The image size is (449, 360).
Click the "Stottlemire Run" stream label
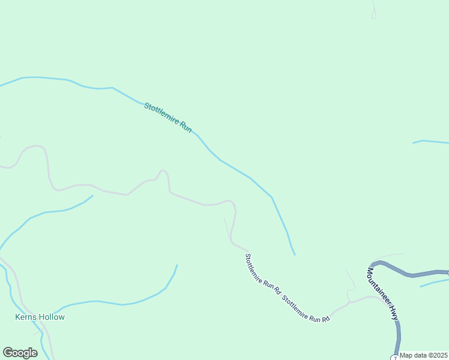[x=167, y=118]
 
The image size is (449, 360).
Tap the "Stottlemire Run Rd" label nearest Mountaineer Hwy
[x=306, y=309]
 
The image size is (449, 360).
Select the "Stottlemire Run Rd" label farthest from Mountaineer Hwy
[x=263, y=272]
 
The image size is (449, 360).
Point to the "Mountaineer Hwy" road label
[x=382, y=292]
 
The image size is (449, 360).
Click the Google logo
[x=20, y=353]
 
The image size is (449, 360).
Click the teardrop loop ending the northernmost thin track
[x=373, y=16]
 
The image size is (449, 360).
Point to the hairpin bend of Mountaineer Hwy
[x=373, y=264]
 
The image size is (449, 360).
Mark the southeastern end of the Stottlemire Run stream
[x=294, y=254]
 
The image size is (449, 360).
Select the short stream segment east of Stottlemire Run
[x=431, y=142]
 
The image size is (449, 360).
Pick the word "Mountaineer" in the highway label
[x=378, y=284]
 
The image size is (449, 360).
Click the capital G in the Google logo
[x=8, y=353]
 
